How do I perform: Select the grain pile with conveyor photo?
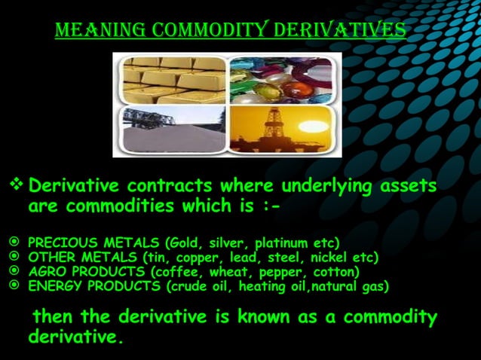coord(169,130)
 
